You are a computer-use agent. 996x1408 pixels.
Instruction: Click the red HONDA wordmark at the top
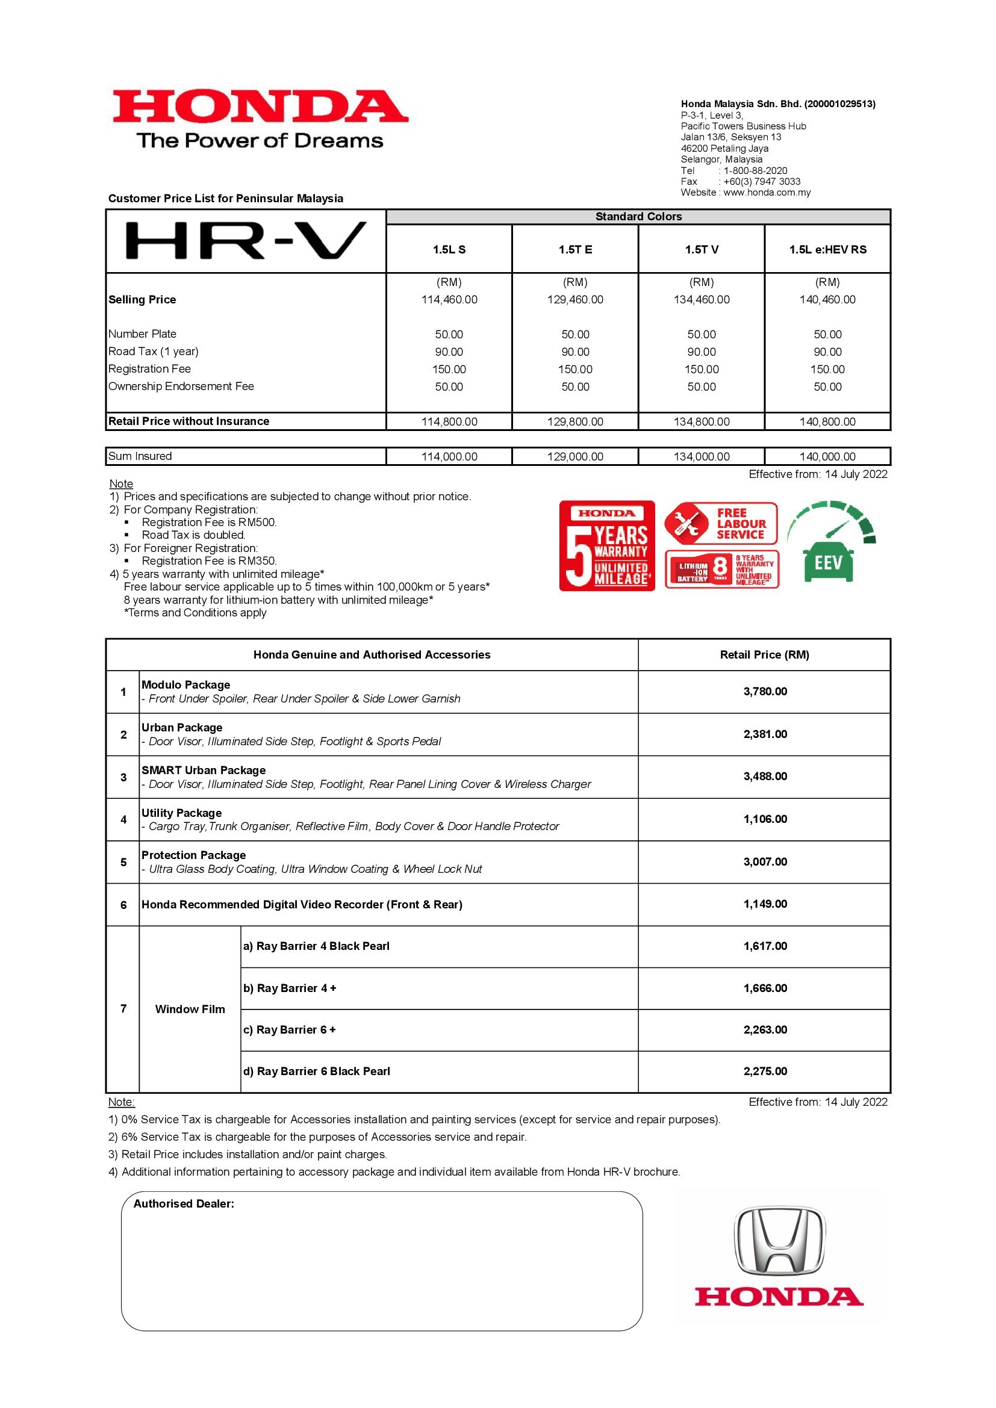coord(260,106)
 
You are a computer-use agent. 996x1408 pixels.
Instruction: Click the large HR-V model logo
coord(245,241)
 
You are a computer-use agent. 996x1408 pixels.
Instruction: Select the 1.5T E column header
coord(574,250)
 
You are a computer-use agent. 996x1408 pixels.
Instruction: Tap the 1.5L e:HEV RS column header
coord(827,250)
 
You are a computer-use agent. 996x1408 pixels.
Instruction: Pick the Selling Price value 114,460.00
coord(449,300)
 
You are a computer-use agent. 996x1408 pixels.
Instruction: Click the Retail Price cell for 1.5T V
coord(701,422)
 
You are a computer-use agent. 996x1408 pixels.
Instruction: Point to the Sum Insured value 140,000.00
coord(827,457)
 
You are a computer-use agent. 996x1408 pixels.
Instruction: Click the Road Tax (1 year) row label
coord(154,352)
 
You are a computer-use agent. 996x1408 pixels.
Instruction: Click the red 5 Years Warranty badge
coord(606,546)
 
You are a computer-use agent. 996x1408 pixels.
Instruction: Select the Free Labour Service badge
coord(721,524)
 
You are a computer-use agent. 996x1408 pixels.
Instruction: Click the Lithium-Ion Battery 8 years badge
coord(722,569)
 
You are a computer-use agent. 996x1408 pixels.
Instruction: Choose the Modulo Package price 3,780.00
coord(765,692)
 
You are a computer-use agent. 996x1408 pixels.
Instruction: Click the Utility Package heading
coord(181,813)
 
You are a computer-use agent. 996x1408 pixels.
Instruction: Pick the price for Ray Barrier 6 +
coord(765,1030)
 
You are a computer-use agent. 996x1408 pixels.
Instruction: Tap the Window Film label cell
coord(190,1009)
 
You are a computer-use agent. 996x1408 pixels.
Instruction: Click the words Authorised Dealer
coord(184,1204)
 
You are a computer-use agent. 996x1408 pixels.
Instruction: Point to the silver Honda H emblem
coord(779,1241)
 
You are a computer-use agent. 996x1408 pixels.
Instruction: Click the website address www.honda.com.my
coord(767,193)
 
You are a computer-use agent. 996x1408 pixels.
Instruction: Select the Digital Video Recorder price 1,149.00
coord(765,904)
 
